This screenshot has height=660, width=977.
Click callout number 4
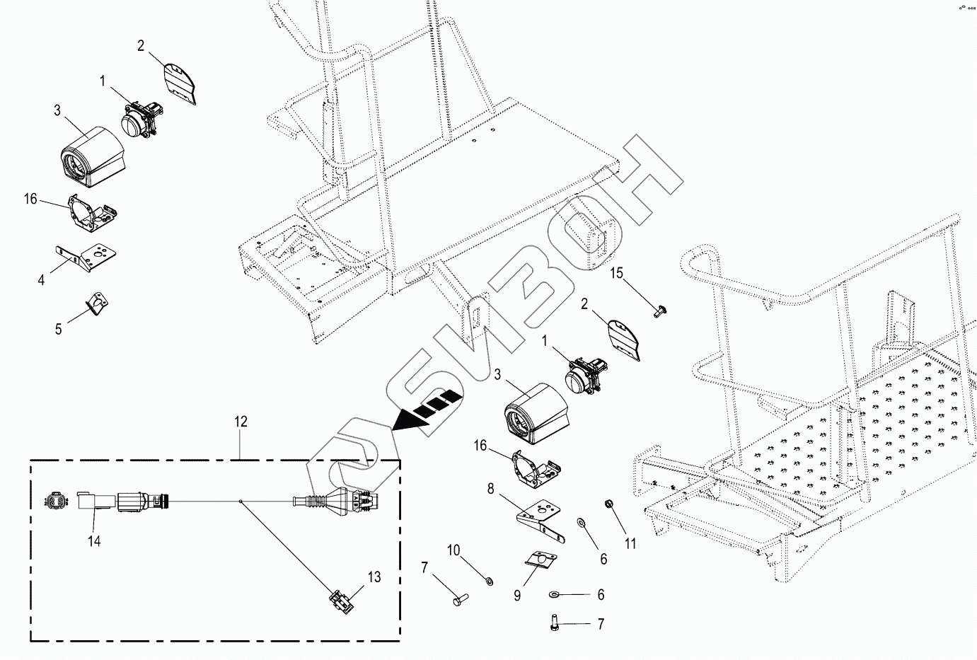41,281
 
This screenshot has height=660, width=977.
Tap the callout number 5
59,329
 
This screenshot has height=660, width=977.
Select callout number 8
490,488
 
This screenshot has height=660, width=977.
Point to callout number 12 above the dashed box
241,422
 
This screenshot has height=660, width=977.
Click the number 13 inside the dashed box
374,577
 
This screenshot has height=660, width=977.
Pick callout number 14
94,540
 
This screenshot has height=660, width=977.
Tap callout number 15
617,273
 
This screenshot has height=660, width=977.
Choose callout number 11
630,543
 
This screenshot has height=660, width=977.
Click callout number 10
453,550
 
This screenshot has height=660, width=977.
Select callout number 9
517,596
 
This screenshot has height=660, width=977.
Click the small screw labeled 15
659,310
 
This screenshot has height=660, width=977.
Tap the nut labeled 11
607,504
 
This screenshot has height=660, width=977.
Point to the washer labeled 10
488,581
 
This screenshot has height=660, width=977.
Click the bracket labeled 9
542,560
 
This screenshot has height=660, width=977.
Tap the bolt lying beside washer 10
457,600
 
